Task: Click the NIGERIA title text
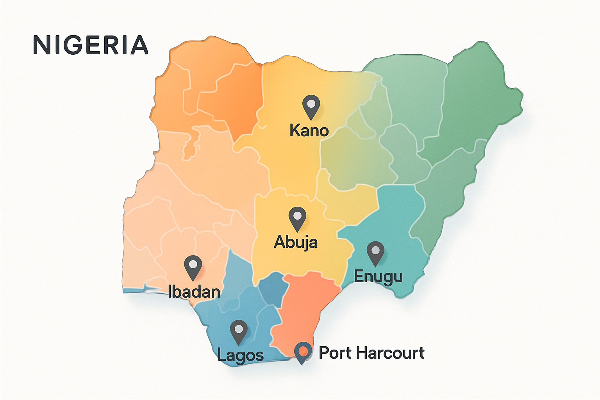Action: [x=91, y=45]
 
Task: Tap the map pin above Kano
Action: [x=311, y=106]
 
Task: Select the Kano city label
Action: [x=309, y=130]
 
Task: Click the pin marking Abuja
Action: [x=297, y=218]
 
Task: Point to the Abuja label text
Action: [x=296, y=242]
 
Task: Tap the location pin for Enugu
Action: [x=375, y=252]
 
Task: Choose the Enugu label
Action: [x=378, y=276]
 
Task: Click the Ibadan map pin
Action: [x=193, y=267]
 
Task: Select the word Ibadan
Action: [x=194, y=292]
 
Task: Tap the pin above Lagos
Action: [x=238, y=331]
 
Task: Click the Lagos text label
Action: [x=240, y=355]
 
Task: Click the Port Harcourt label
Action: [x=371, y=353]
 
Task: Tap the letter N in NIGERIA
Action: [x=41, y=45]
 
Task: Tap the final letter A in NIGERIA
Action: [x=139, y=45]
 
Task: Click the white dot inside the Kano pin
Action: [x=311, y=104]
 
